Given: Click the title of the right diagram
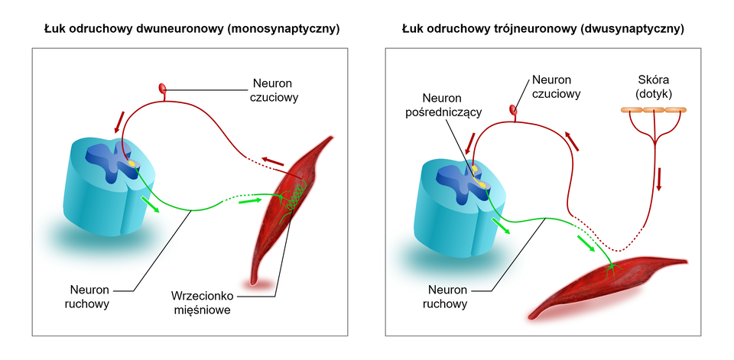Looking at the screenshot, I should (543, 29).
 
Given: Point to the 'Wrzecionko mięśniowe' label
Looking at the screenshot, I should (201, 303).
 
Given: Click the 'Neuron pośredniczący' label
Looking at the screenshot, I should (452, 105).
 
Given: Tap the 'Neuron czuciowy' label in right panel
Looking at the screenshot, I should (556, 86).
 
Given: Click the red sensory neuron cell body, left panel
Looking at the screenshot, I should (162, 89).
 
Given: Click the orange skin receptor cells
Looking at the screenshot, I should (654, 112).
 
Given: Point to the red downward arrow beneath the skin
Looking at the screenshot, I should (659, 178).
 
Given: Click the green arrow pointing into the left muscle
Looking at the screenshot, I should (249, 201).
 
